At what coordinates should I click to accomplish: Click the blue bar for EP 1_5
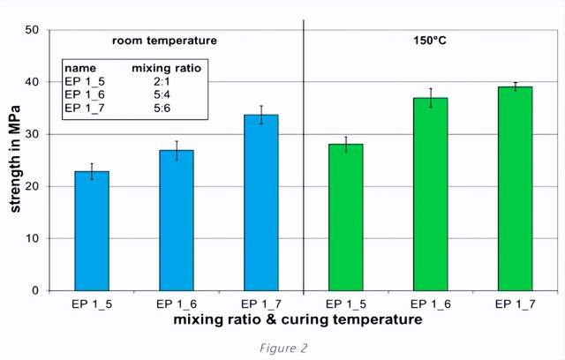(x=91, y=231)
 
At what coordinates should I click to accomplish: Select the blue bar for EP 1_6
(x=176, y=221)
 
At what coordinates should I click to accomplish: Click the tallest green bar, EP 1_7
(x=515, y=189)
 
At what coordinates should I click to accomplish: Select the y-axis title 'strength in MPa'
(x=15, y=159)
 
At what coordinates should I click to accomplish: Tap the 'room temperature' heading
(x=163, y=41)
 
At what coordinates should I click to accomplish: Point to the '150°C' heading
(x=430, y=41)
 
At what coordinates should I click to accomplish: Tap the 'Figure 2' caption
(x=282, y=348)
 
